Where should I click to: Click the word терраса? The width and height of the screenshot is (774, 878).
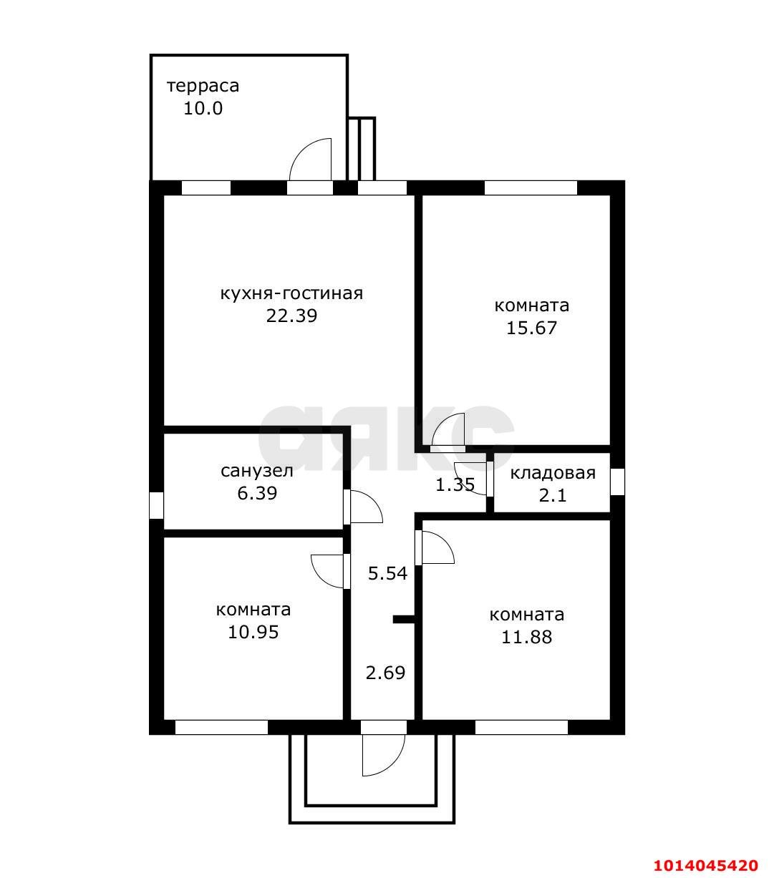tap(203, 87)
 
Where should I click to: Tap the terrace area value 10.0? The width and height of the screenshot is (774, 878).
tap(203, 108)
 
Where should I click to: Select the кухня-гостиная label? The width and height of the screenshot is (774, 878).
tap(291, 294)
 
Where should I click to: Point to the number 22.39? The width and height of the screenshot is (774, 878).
tap(291, 316)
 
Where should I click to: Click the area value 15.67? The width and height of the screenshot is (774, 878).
tap(531, 328)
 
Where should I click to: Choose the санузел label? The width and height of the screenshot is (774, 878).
tap(257, 471)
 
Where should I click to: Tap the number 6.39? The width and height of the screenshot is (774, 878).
tap(257, 493)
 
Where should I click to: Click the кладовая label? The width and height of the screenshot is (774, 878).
tap(553, 473)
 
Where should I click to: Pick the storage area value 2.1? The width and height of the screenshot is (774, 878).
tap(553, 495)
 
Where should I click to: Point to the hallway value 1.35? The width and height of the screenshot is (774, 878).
tap(455, 485)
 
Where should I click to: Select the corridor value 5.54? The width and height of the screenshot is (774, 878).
tap(387, 573)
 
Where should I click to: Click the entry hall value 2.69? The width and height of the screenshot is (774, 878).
tap(385, 673)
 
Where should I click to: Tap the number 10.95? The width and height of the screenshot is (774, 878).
tap(253, 633)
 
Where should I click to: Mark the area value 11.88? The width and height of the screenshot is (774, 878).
tap(526, 637)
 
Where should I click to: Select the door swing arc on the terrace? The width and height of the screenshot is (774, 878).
tap(301, 150)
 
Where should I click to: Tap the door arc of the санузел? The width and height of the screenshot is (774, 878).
tap(372, 502)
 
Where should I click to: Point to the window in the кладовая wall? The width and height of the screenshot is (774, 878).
tap(617, 482)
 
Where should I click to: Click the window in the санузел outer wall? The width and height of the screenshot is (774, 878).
tap(156, 505)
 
